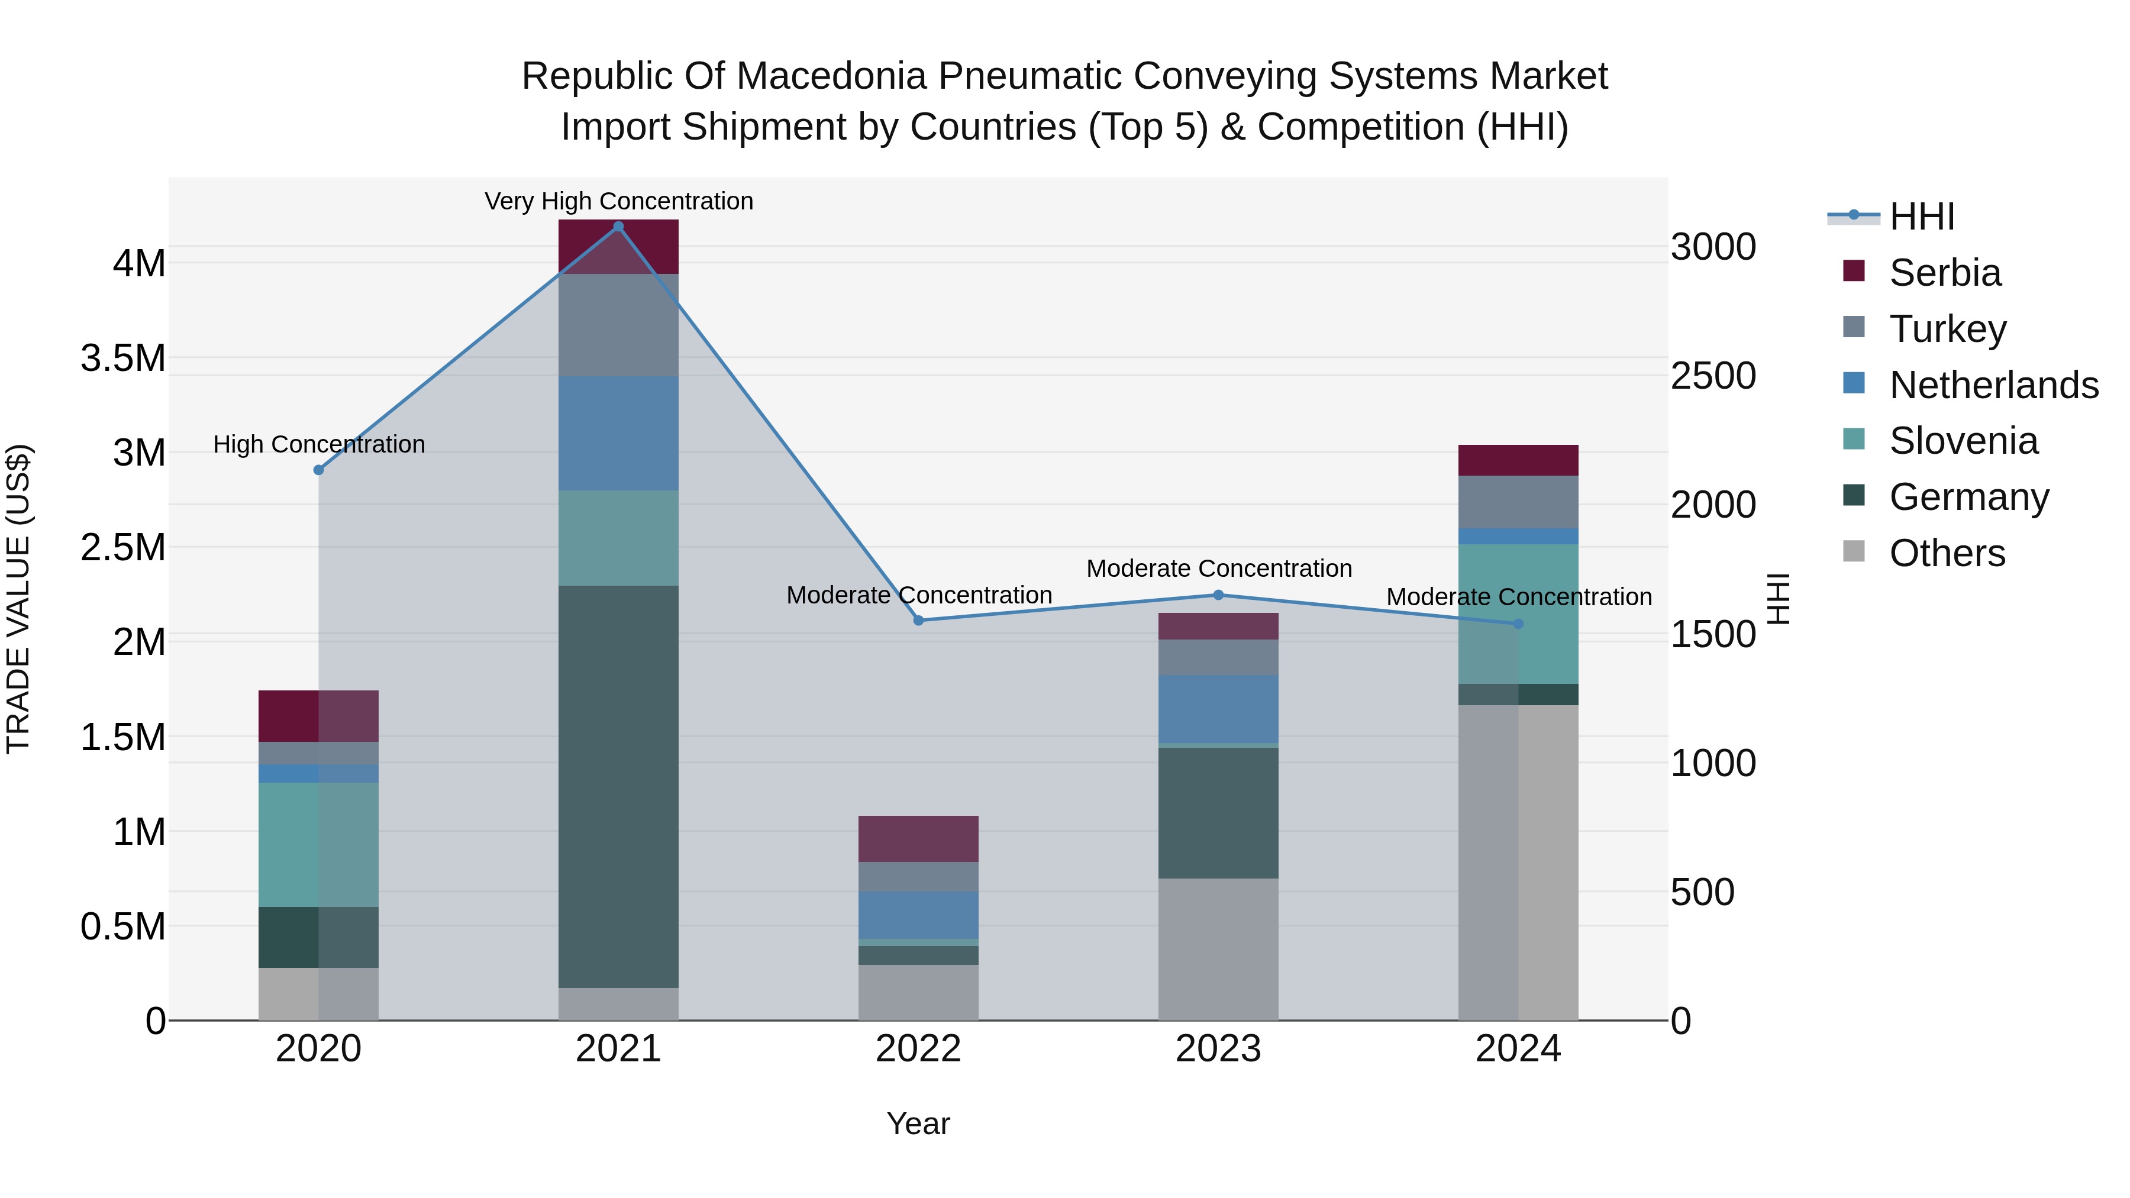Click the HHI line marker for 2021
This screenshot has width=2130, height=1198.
618,227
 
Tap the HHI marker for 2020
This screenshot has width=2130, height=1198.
318,470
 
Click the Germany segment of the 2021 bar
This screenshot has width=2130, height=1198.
618,786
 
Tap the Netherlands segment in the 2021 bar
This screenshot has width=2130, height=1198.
618,433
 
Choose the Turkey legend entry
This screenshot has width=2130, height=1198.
1947,329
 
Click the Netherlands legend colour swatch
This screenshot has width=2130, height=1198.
1854,383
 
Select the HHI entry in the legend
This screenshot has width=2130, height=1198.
1921,217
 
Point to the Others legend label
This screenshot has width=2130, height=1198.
1947,553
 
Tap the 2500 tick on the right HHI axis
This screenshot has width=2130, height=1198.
1712,376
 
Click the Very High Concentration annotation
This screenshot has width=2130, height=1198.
618,201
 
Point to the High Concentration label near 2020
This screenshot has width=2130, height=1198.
319,444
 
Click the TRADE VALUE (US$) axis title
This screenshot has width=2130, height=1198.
18,599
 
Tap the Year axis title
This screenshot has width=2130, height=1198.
918,1123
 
